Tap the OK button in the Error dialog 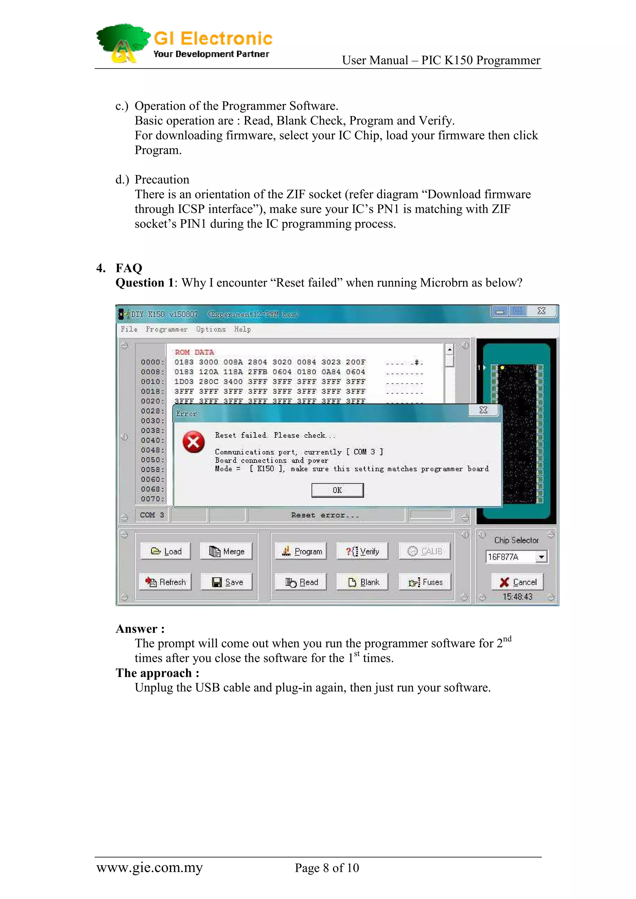click(337, 490)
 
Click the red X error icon click(193, 442)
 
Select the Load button click(166, 551)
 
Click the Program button click(301, 551)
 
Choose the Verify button click(362, 551)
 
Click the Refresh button click(166, 582)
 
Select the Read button click(301, 582)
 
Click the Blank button click(362, 582)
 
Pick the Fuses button click(425, 582)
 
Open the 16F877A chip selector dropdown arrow click(541, 557)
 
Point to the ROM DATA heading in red click(194, 352)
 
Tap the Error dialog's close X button click(484, 410)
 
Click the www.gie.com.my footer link click(149, 868)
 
